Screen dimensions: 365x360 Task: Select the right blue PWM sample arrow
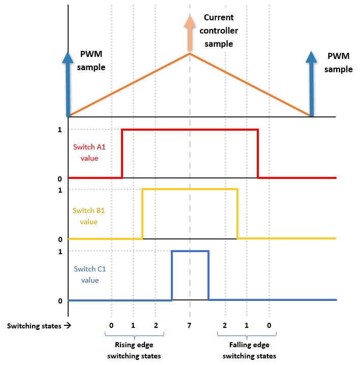[311, 81]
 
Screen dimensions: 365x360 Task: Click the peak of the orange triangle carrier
[190, 53]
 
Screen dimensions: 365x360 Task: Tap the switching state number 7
[190, 325]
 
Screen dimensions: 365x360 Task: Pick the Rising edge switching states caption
[134, 350]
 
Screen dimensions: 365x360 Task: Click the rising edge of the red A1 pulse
[123, 154]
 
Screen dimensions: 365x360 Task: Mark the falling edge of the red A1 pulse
[258, 154]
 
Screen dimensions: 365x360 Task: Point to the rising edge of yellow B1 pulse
[142, 214]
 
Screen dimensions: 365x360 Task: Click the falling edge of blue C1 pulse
[208, 275]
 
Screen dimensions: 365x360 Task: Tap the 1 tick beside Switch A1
[59, 130]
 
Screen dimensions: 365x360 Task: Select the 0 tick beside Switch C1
[59, 300]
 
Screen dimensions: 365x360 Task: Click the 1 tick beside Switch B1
[59, 190]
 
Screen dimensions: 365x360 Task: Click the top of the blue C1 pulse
[190, 251]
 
